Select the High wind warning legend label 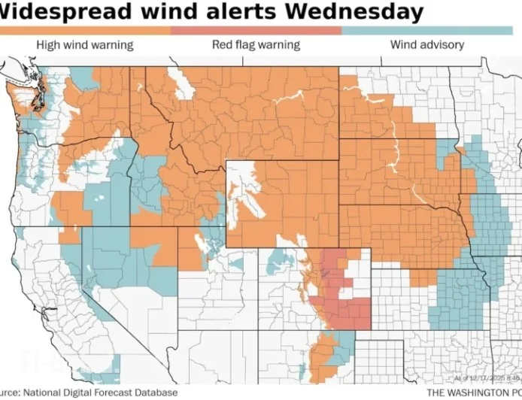pyautogui.click(x=84, y=45)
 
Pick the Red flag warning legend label pyautogui.click(x=256, y=45)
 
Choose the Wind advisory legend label pyautogui.click(x=426, y=45)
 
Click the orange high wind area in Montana pyautogui.click(x=248, y=113)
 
